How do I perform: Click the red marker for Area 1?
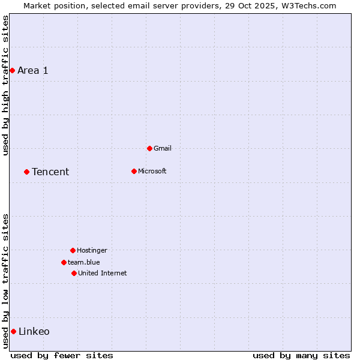12,71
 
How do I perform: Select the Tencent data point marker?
26,172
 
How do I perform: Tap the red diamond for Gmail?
149,148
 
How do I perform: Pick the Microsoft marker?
134,171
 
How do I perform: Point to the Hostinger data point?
73,250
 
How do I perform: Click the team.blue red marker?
64,262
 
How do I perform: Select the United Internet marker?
74,273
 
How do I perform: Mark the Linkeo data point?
13,331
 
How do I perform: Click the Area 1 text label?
33,71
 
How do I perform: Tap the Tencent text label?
50,172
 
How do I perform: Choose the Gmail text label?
163,149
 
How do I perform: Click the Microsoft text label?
152,172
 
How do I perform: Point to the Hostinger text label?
92,251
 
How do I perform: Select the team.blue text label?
84,263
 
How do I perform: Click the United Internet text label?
103,274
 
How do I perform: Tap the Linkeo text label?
34,332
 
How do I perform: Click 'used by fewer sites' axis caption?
62,356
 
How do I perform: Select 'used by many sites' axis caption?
301,356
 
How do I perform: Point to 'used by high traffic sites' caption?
6,85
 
